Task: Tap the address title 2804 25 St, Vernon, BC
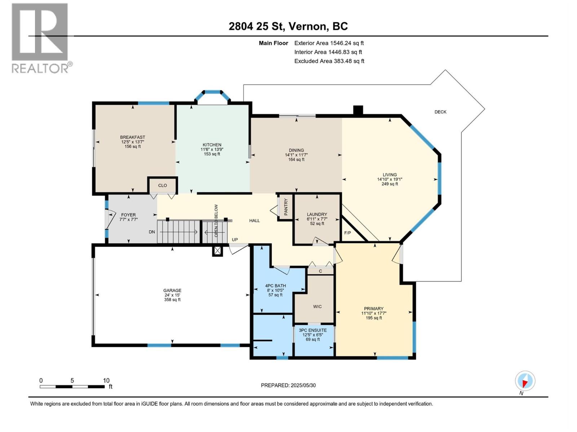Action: click(288, 26)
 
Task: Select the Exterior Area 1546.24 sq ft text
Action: click(329, 43)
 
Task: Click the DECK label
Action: click(440, 112)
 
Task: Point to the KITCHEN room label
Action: click(212, 145)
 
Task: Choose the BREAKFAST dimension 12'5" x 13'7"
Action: click(133, 142)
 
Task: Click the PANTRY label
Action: click(286, 207)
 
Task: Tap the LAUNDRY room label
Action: click(317, 214)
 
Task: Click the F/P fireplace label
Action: click(348, 233)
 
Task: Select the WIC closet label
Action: click(317, 307)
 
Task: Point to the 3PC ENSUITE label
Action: click(313, 330)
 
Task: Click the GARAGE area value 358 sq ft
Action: click(172, 300)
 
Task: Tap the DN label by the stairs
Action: click(152, 232)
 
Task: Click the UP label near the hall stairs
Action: click(235, 240)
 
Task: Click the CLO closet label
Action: click(163, 185)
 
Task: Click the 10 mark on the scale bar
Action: click(106, 381)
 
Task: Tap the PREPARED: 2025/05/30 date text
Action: click(288, 385)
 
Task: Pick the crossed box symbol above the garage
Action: click(217, 251)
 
